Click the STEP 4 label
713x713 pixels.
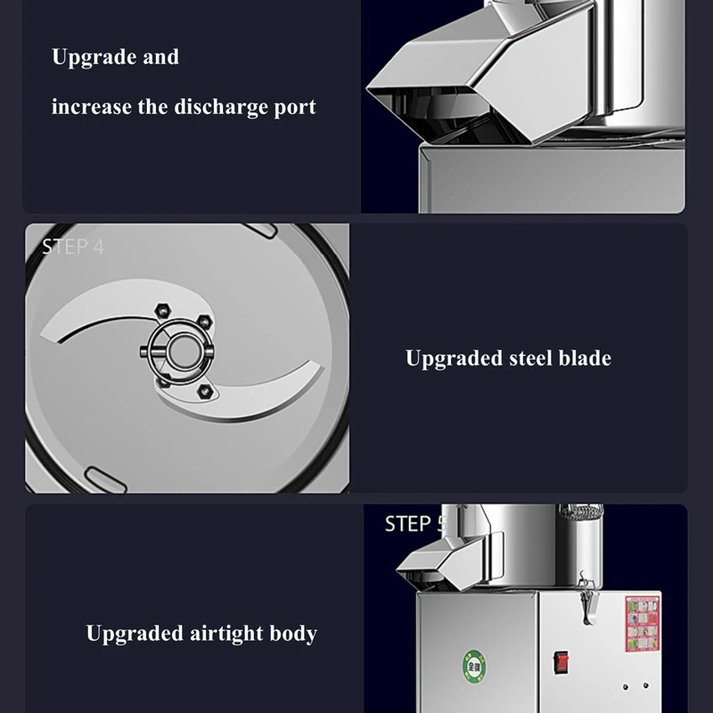[73, 247]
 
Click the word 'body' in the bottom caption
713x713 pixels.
[295, 634]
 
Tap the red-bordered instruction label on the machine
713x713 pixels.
[642, 623]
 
